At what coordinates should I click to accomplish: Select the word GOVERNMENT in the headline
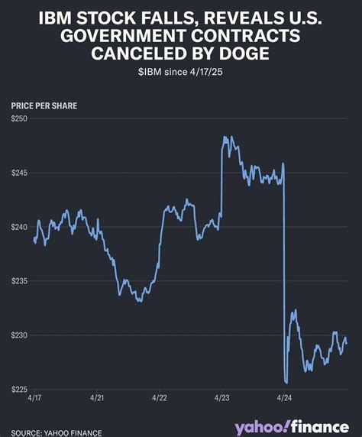124,36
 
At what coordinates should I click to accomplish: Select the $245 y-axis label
21,173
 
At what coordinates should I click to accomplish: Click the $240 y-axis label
21,227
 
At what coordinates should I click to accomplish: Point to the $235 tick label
21,281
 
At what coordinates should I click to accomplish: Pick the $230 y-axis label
21,335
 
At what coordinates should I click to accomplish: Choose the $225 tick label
21,390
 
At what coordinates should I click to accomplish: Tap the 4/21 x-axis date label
98,399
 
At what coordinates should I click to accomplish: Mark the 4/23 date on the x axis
222,399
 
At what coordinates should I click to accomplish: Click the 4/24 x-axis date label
284,399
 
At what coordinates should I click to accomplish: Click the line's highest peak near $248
225,138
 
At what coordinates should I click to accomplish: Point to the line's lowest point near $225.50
286,383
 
